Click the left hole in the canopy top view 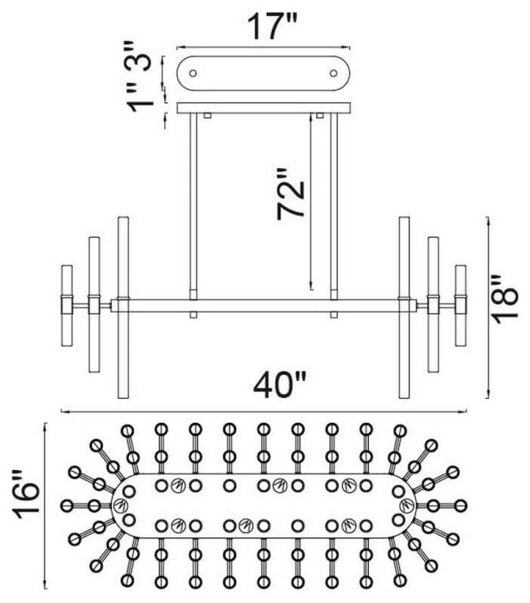tap(193, 74)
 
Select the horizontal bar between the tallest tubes tap(263, 306)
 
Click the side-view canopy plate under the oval tap(263, 108)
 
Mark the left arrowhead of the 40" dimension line tap(63, 412)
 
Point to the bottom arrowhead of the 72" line tap(311, 287)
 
